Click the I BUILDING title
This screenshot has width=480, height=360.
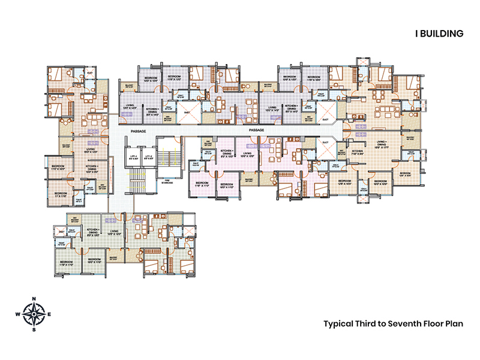pos(440,34)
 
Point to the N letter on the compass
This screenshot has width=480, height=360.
pos(35,299)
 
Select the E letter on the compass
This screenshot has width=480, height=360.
pos(50,314)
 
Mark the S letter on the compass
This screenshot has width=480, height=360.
pos(35,329)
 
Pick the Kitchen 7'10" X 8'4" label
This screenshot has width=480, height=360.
pos(358,152)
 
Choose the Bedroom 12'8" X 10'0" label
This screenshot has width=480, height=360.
pos(344,182)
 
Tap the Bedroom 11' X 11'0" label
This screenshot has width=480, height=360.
pos(61,194)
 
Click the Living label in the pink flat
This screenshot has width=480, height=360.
pos(247,154)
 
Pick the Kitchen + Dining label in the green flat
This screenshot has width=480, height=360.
pos(93,231)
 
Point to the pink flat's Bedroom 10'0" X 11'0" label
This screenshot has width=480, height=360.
pos(226,185)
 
